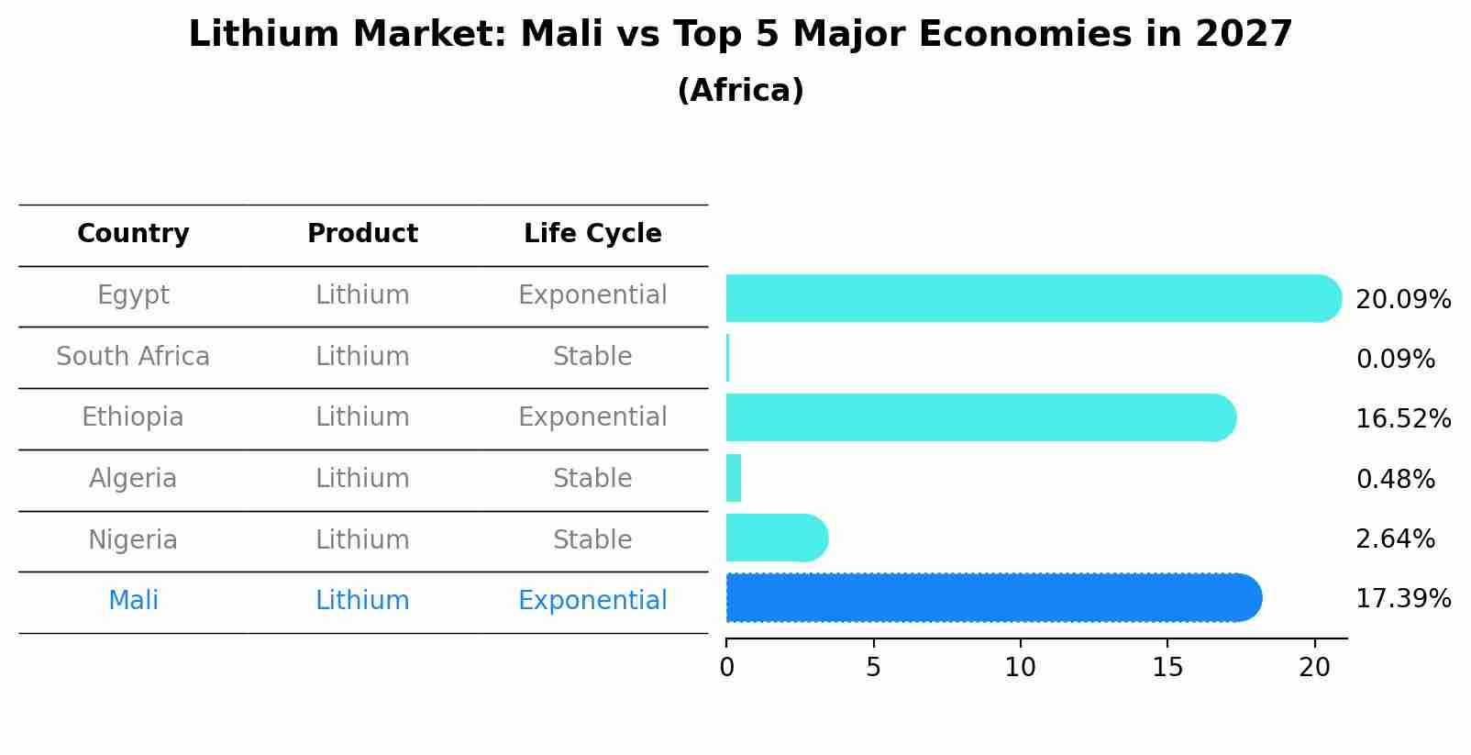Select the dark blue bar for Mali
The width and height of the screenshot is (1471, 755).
point(990,598)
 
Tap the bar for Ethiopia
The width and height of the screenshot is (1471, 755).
point(977,417)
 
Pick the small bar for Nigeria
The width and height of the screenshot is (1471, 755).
point(775,538)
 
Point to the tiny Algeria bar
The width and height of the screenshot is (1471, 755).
point(734,478)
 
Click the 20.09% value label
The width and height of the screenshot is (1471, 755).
point(1403,300)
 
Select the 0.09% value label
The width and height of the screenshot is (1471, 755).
point(1395,360)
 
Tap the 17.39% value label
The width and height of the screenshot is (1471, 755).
point(1403,599)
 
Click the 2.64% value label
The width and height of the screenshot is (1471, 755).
point(1395,539)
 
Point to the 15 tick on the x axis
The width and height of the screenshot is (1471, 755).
point(1167,667)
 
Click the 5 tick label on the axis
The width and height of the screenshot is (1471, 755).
point(873,667)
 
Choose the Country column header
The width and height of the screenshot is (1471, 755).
point(133,234)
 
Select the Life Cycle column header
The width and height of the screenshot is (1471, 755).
point(592,234)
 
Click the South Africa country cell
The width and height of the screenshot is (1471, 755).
point(133,357)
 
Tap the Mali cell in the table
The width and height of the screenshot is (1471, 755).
point(133,601)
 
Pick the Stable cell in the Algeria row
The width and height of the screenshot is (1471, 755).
point(592,479)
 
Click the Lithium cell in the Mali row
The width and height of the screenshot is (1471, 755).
point(362,601)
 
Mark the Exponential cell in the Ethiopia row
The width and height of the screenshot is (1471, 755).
point(592,417)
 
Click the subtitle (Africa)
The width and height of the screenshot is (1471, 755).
point(740,91)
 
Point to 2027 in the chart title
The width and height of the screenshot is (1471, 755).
point(1244,35)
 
